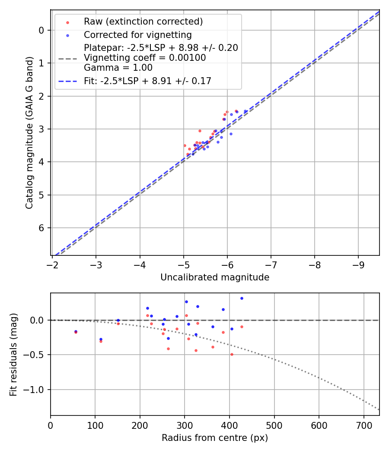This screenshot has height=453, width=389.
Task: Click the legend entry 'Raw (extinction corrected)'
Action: point(143,22)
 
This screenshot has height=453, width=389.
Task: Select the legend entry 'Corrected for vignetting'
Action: point(137,35)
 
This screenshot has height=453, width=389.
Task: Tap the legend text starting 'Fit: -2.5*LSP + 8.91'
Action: point(147,81)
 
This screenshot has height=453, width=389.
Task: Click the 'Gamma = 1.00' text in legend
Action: point(118,68)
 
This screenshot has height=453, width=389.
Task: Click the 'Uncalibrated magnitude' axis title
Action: point(215,277)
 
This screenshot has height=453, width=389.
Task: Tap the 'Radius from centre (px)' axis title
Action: point(215,438)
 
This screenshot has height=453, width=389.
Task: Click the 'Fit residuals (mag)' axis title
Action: point(13,354)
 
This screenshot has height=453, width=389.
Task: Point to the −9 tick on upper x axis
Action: point(358,264)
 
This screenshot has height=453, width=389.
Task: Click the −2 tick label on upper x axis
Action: point(52,264)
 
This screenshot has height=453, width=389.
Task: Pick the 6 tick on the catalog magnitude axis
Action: point(41,228)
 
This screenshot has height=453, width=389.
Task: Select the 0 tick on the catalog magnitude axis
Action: point(41,30)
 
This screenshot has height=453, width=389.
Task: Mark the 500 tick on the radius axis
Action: point(274,425)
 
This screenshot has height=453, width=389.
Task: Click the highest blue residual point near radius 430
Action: point(242,298)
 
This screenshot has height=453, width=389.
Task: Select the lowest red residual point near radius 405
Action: point(232,354)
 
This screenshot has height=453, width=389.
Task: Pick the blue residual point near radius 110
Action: point(101,340)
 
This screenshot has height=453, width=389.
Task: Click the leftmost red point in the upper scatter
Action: point(185,145)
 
